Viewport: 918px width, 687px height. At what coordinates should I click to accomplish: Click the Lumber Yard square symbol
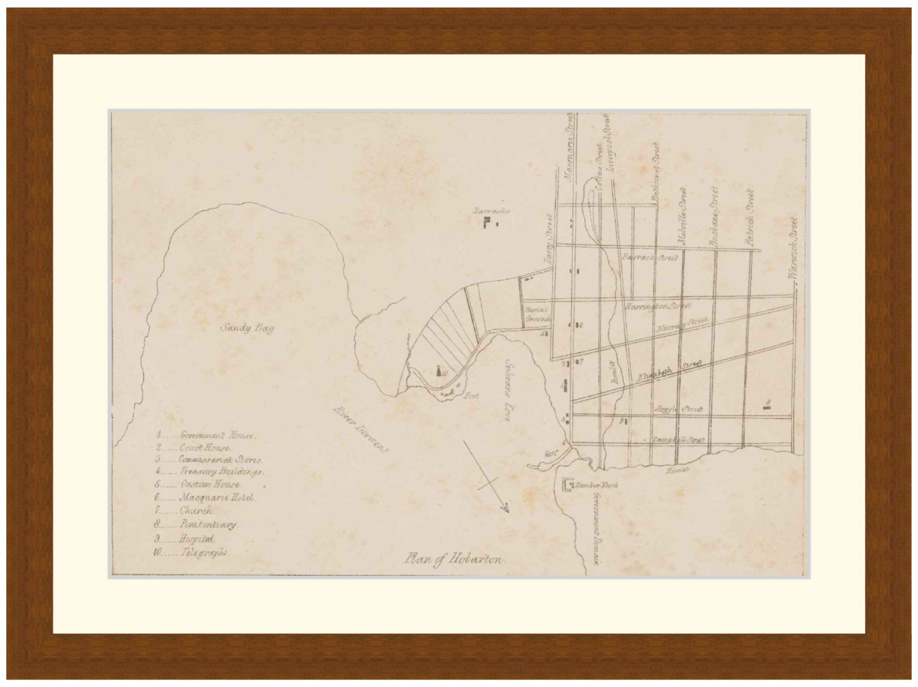click(568, 485)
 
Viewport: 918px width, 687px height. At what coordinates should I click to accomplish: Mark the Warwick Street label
click(794, 249)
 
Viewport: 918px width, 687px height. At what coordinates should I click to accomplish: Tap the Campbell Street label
click(679, 440)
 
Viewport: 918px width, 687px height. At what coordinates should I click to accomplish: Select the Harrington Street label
click(658, 307)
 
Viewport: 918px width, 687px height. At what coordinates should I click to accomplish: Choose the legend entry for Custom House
click(199, 484)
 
